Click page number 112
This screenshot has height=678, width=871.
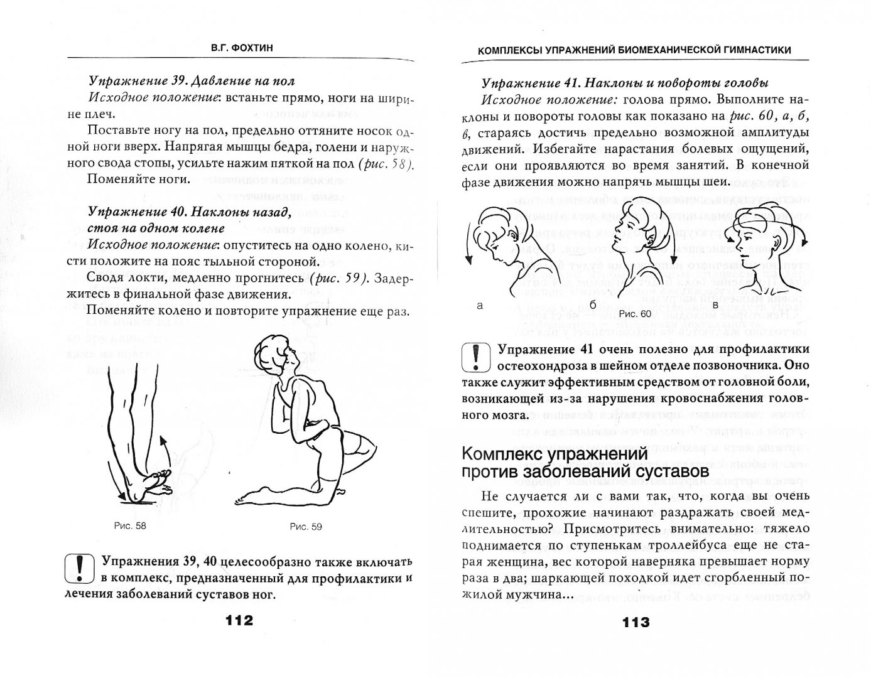click(239, 620)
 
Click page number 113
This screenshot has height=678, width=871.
click(636, 622)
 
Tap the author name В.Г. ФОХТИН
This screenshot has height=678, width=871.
click(242, 48)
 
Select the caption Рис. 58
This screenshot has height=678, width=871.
click(130, 525)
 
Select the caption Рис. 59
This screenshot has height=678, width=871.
click(306, 527)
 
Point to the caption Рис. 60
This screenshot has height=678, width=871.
click(636, 314)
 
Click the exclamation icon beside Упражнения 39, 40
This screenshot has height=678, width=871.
click(79, 568)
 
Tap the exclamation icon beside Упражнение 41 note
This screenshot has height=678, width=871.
click(476, 357)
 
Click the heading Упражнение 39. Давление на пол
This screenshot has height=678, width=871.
click(191, 82)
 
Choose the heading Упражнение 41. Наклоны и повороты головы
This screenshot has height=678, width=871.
click(624, 83)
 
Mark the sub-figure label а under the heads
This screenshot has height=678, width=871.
click(480, 306)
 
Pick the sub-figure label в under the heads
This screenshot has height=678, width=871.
click(716, 306)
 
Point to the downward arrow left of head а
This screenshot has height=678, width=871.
click(468, 244)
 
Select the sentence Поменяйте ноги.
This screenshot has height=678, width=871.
click(139, 179)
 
